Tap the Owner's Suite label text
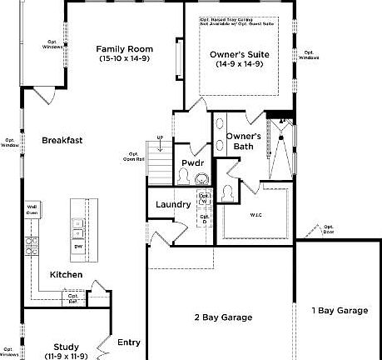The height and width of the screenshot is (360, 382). coord(239,58)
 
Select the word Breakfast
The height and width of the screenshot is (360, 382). coord(62,141)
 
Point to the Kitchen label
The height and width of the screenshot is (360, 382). coord(66,274)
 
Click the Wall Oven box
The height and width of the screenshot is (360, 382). coord(32,209)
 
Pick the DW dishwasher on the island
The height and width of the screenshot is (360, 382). coord(77,247)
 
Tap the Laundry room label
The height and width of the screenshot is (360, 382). coord(173,204)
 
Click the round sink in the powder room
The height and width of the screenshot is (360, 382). coord(184,177)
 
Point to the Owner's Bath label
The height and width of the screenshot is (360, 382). coord(244,141)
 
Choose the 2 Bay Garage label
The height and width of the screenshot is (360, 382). coord(223,317)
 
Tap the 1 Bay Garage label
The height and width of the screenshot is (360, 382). coord(339,311)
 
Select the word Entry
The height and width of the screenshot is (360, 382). coord(129,342)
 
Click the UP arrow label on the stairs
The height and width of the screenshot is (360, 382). coord(160,137)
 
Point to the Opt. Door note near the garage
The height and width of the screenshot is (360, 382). coord(328,228)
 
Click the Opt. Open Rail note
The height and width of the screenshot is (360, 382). coord(134,156)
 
